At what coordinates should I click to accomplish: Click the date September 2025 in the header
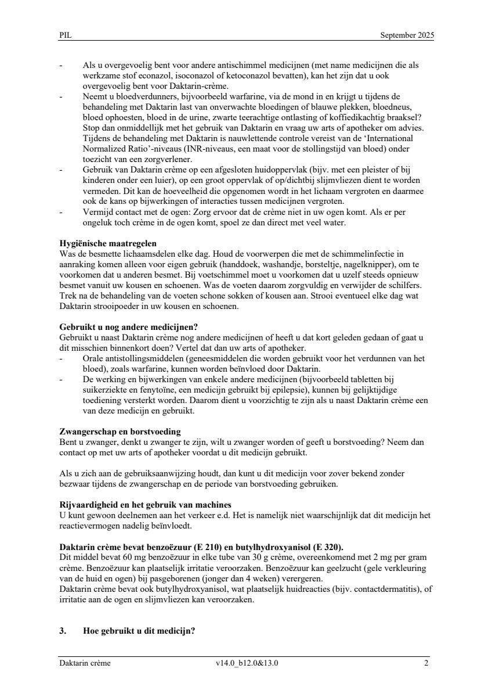407,35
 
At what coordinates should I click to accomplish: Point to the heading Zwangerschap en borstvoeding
120,432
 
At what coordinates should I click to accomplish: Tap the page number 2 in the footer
426,663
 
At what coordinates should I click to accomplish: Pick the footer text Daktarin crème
85,663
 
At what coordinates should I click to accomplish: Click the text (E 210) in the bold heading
197,547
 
